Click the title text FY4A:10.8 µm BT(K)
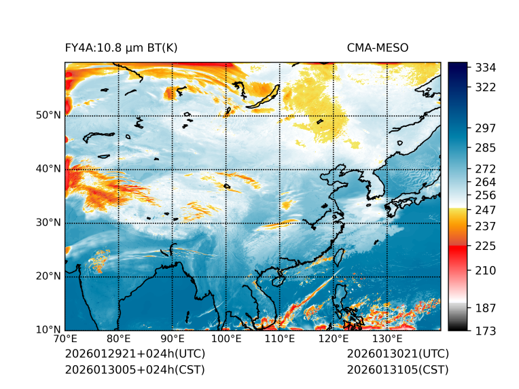tap(121, 48)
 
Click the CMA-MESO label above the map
tap(377, 48)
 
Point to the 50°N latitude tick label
tap(49, 115)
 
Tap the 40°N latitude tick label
tap(49, 169)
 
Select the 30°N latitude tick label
tap(49, 223)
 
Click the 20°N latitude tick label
tap(49, 276)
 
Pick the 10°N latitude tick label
tap(49, 330)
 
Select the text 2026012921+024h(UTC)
tap(135, 354)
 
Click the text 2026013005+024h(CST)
tap(135, 369)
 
